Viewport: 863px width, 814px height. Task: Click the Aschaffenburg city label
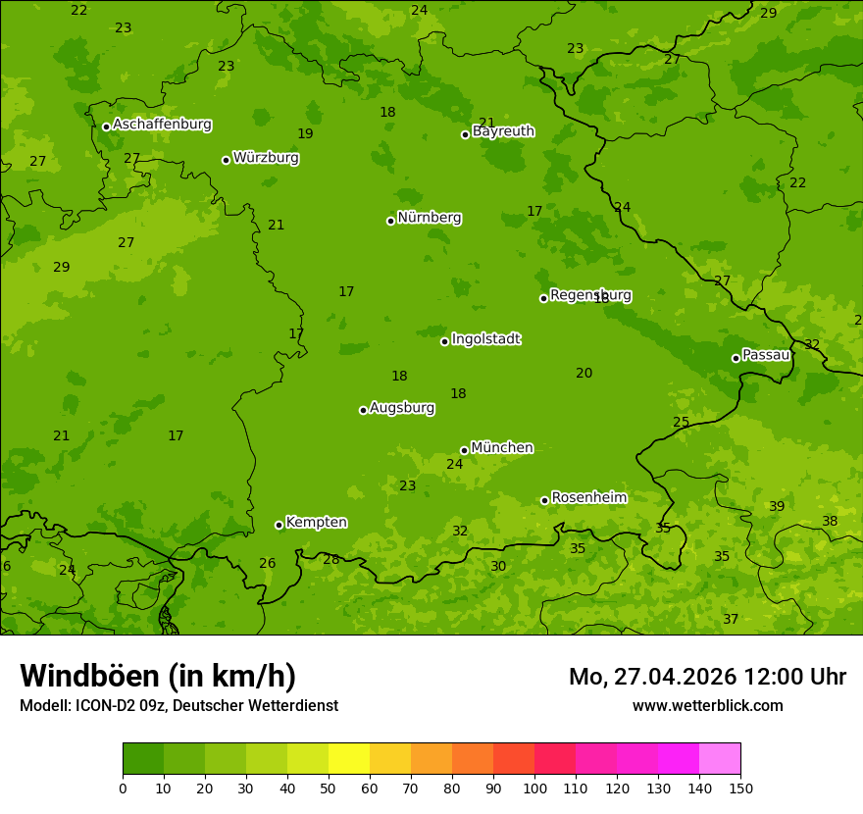pos(162,125)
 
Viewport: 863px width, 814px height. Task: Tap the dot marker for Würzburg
pos(226,160)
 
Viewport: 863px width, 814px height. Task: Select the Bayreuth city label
pos(503,131)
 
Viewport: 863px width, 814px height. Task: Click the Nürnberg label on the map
pos(429,218)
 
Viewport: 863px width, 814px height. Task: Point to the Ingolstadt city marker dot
pos(444,341)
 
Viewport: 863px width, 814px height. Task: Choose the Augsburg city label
pos(401,408)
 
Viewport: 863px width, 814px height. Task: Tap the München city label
pos(501,448)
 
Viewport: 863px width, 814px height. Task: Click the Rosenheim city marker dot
pos(544,500)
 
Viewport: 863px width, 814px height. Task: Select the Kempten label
pos(316,523)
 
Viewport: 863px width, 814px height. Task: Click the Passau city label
pos(765,355)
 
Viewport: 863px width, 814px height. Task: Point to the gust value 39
pos(777,506)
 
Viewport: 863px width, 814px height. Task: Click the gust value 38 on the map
pos(830,521)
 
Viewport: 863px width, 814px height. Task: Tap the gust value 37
pos(731,619)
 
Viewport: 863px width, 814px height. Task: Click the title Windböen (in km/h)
pos(158,676)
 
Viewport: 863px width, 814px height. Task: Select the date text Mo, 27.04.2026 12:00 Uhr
pos(707,677)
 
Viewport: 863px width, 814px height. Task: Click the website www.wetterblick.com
pos(707,705)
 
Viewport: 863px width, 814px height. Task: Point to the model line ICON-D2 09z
pos(178,705)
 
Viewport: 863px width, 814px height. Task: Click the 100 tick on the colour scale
pos(534,788)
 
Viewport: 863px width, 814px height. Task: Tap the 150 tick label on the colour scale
pos(740,788)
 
